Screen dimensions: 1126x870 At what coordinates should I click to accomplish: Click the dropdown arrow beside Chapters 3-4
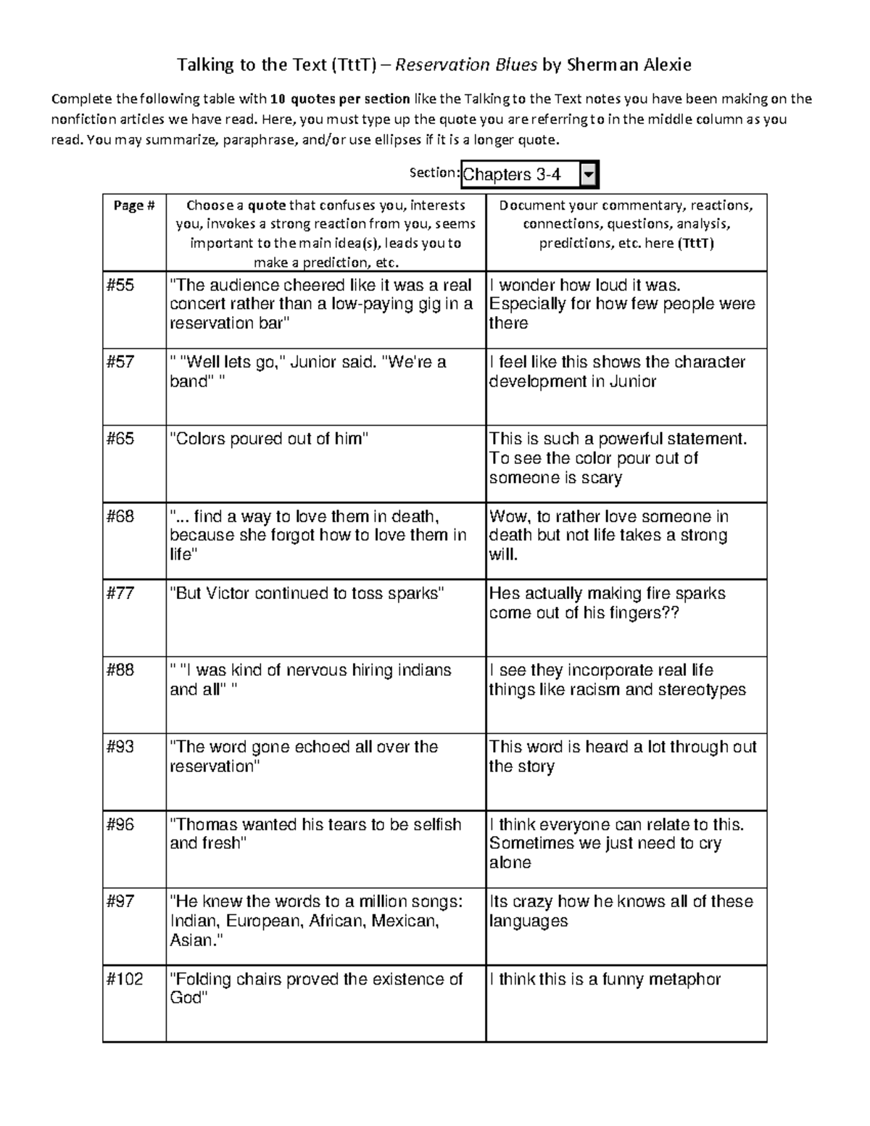[589, 175]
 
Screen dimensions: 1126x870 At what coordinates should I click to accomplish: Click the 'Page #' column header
[134, 206]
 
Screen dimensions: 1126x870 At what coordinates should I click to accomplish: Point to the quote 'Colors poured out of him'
[269, 439]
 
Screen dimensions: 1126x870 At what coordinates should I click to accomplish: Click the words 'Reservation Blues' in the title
[467, 65]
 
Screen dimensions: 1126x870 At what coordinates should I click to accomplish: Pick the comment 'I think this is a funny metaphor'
[605, 979]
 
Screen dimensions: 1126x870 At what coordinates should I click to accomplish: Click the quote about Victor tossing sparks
[307, 593]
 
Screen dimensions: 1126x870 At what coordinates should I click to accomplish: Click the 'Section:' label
[434, 173]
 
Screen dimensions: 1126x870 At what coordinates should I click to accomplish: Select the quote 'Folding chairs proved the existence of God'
[315, 988]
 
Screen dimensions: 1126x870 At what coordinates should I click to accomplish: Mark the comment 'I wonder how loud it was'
[585, 285]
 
